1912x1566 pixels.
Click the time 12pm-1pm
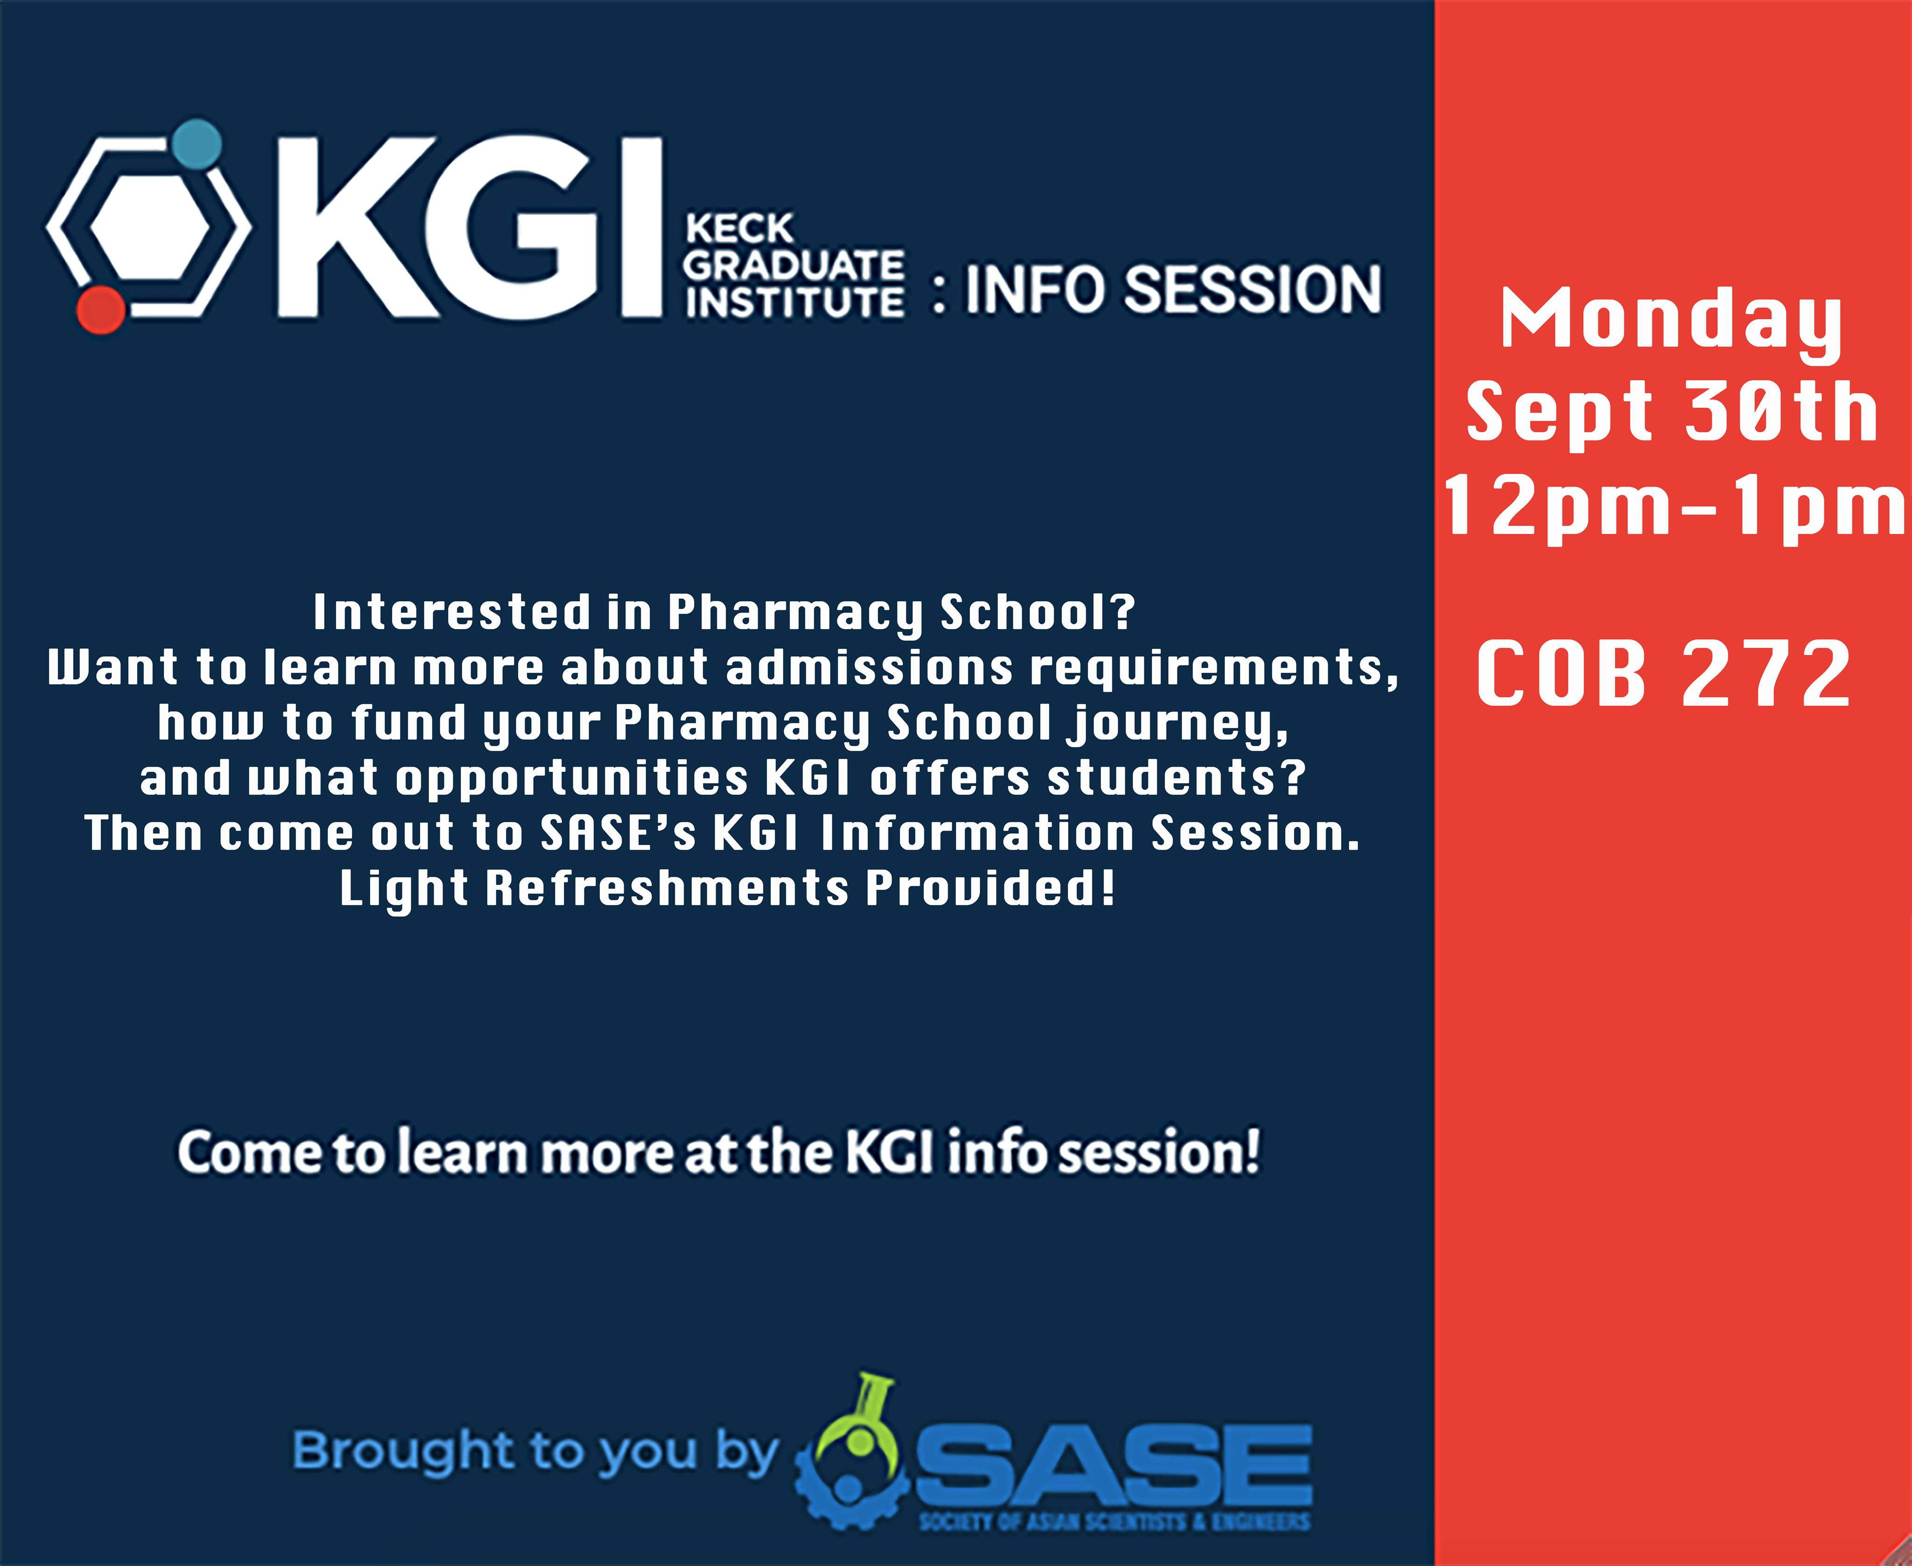point(1674,507)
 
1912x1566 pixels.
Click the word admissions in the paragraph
point(869,668)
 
